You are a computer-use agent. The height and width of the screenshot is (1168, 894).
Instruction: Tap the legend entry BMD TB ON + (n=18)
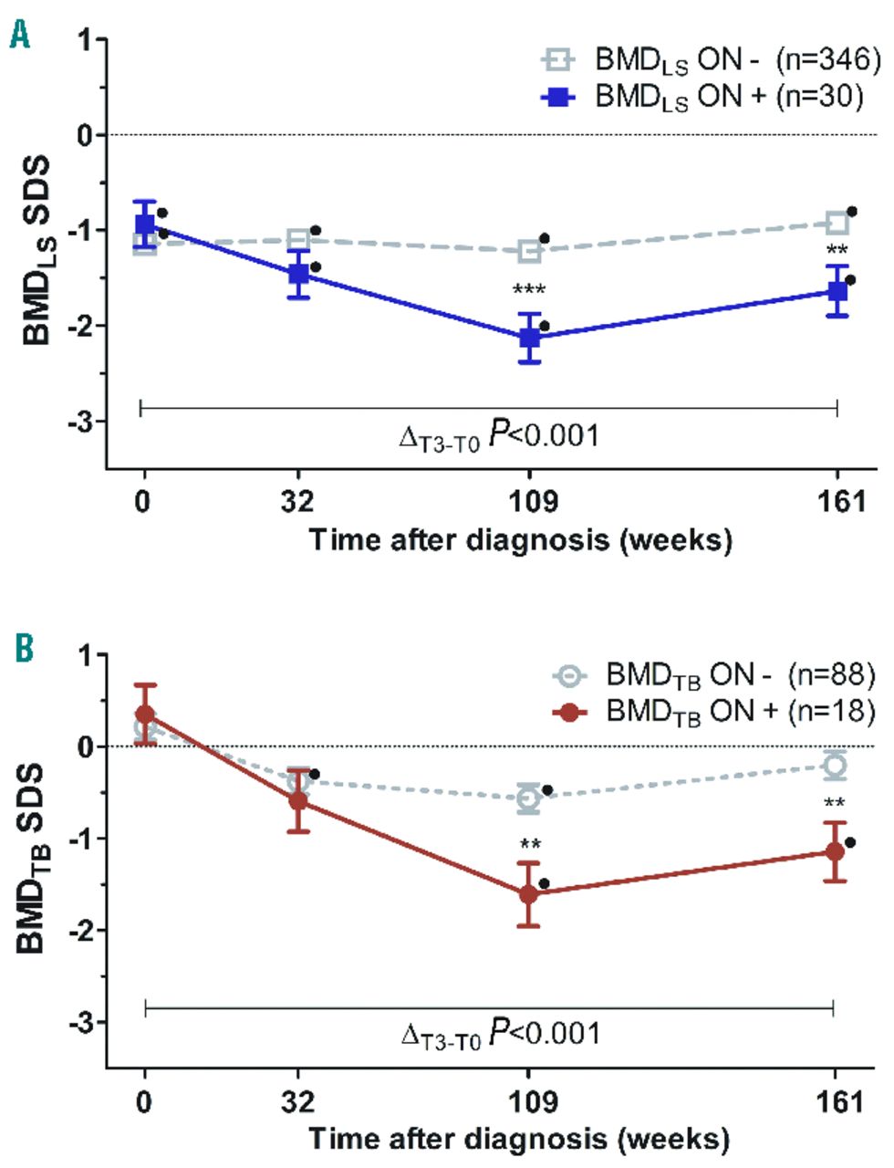click(x=713, y=711)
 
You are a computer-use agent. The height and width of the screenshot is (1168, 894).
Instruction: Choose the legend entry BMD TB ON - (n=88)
click(x=713, y=676)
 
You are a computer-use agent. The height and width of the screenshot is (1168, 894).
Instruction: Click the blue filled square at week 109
click(x=529, y=338)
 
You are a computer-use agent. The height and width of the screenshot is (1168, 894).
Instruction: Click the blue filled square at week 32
click(x=299, y=273)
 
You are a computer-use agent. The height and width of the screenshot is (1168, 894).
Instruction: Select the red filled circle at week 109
click(x=528, y=893)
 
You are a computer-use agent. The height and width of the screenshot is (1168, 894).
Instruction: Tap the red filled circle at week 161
click(x=834, y=851)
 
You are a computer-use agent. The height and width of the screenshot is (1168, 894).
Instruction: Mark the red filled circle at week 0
click(x=145, y=714)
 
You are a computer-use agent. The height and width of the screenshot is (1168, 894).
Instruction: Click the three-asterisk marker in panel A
click(x=529, y=291)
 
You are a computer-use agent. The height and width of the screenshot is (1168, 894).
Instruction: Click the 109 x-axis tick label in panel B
click(x=529, y=1102)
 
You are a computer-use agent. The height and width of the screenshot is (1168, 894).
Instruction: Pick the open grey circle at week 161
click(x=834, y=765)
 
